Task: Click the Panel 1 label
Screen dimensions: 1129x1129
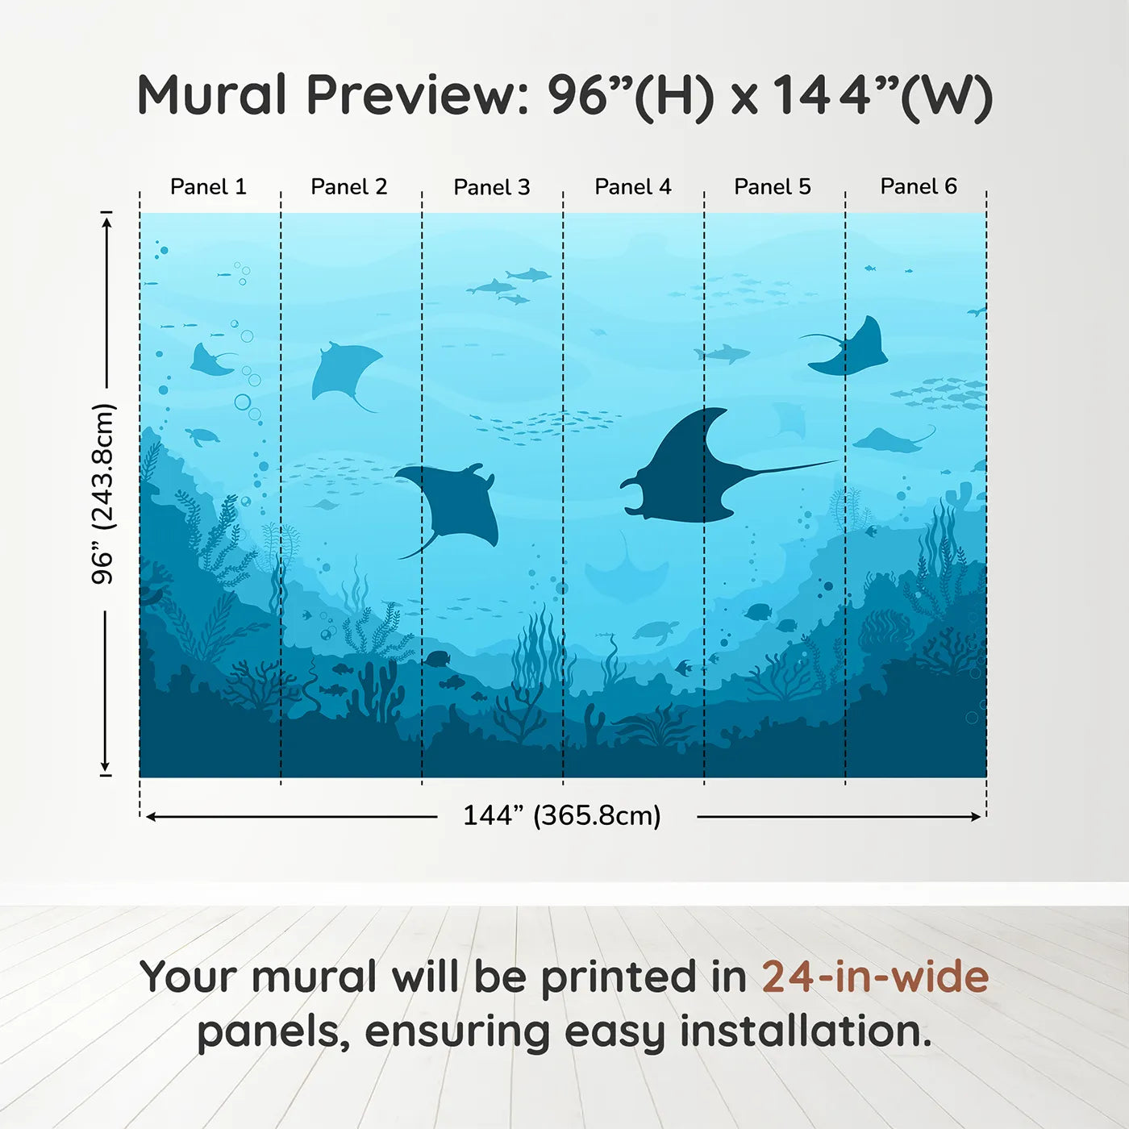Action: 208,187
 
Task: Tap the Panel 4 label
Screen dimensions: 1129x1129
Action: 632,187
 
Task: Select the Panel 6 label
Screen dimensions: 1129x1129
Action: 918,187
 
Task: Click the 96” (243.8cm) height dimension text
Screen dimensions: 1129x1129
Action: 103,494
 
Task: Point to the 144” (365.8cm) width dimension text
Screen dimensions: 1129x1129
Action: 561,816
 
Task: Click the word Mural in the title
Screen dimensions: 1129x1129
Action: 211,95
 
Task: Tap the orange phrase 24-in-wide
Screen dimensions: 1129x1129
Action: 875,977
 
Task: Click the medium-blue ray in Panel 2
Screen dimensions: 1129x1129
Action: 344,371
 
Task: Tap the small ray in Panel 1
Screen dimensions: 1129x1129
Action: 210,361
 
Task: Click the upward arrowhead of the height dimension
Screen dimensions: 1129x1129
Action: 106,220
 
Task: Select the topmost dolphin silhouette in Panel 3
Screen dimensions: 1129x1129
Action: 528,275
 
